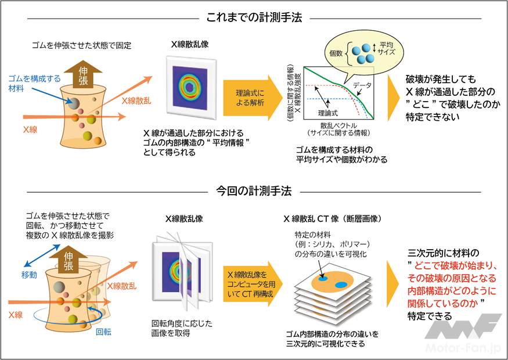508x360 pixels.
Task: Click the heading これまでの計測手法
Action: click(254, 18)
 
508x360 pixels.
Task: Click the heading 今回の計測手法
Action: click(254, 191)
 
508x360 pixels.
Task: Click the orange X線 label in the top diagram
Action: click(28, 129)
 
